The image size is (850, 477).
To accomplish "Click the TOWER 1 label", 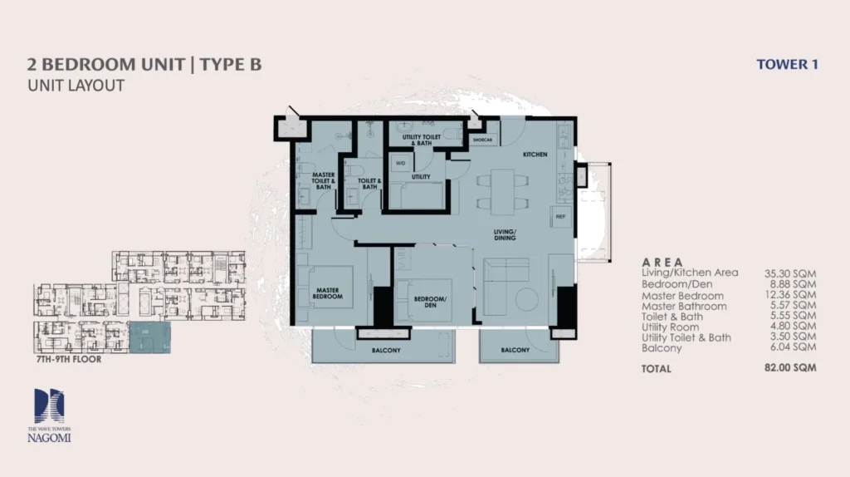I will point(787,64).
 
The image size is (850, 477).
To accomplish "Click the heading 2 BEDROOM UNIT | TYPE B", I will point(144,65).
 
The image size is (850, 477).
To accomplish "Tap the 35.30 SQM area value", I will point(789,273).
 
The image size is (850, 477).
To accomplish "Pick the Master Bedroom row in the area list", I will point(682,296).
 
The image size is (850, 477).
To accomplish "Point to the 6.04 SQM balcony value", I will point(789,348).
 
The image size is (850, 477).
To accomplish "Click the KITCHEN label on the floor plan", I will point(535,155).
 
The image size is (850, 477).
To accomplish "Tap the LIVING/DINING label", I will point(504,234).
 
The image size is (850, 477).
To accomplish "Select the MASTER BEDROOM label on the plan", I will point(328,293).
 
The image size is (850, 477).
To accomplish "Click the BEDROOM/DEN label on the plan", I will point(432,302).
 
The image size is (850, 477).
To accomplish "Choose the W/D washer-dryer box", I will point(400,164).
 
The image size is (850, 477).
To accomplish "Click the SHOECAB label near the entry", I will point(483,140).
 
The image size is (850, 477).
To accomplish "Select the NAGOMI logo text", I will point(51,437).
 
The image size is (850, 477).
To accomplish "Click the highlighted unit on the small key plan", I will point(150,337).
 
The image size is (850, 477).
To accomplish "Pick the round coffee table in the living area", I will point(525,298).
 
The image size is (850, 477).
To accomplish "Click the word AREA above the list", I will point(662,262).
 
